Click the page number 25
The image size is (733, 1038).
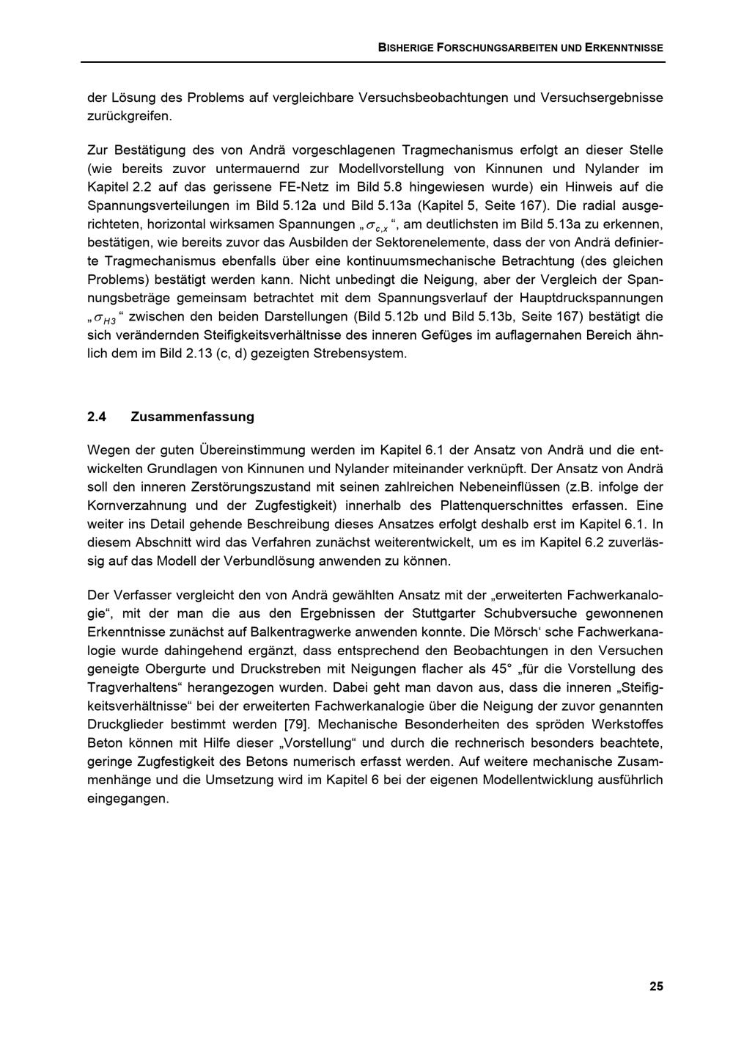[656, 986]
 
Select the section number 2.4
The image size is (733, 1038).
[97, 417]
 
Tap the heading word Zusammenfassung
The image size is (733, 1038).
[192, 417]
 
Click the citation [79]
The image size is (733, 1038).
[297, 724]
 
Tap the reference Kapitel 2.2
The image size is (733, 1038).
[119, 186]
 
